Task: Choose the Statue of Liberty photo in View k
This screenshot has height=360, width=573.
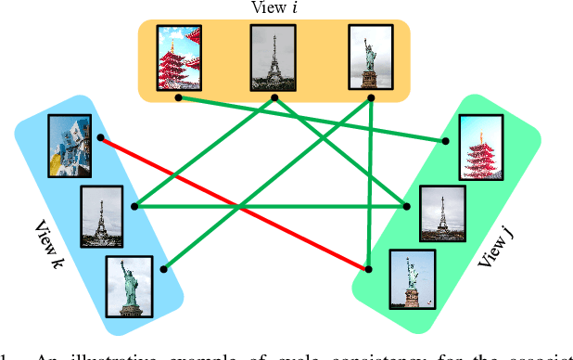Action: pos(130,283)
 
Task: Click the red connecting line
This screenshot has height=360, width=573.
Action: pos(232,203)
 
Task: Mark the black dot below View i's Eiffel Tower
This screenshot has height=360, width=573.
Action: pos(274,96)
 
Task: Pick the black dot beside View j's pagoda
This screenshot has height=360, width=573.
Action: pos(446,141)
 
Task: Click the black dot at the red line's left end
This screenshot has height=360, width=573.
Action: pos(100,137)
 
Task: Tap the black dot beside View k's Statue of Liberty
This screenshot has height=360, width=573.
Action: pos(164,270)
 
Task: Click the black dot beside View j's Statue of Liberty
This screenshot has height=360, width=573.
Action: pos(369,269)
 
